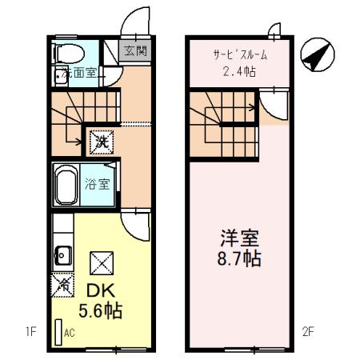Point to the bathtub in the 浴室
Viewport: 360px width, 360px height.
[66, 185]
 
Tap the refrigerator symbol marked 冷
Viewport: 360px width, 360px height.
[62, 283]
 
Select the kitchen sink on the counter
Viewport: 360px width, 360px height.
[60, 258]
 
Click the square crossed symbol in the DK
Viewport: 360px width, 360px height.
[102, 262]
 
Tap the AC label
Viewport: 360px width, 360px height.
[70, 330]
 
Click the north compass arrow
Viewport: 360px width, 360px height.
[316, 56]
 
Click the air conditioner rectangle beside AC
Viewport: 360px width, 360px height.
[58, 332]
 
